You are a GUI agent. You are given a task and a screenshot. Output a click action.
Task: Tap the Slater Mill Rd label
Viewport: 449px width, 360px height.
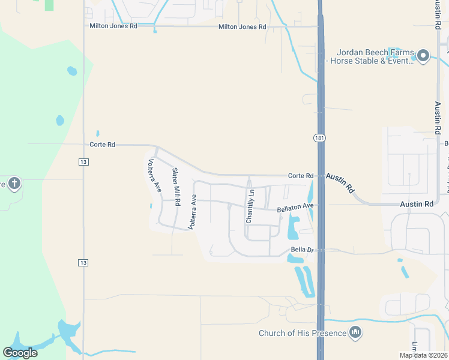click(176, 187)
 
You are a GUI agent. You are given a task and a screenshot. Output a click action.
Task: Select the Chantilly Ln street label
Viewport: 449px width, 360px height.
click(250, 206)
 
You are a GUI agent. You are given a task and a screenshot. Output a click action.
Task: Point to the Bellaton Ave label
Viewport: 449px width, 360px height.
click(295, 208)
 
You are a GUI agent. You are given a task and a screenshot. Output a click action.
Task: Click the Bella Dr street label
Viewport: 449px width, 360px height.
click(302, 249)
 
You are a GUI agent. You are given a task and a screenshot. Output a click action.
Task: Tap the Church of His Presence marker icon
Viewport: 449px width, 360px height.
click(355, 332)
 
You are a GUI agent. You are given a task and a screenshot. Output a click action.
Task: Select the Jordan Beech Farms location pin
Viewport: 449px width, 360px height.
click(423, 56)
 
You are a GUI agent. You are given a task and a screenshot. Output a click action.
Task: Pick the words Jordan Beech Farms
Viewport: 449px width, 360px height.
click(373, 52)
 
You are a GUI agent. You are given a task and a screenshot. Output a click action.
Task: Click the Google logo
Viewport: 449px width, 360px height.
click(20, 352)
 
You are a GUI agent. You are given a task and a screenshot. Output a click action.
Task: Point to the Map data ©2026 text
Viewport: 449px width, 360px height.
click(423, 355)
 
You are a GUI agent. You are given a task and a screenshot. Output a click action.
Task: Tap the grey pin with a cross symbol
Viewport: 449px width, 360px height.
click(14, 183)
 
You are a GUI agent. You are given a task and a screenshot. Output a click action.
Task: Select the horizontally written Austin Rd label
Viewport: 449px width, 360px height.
click(417, 205)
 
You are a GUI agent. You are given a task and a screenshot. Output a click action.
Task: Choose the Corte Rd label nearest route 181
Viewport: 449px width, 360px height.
click(301, 176)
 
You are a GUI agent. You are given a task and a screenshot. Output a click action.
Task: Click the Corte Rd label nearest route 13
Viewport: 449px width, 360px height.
click(101, 145)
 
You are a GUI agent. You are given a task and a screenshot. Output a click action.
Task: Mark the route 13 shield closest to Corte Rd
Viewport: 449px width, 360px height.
click(83, 161)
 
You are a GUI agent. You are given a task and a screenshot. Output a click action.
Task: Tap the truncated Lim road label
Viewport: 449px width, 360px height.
click(415, 347)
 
